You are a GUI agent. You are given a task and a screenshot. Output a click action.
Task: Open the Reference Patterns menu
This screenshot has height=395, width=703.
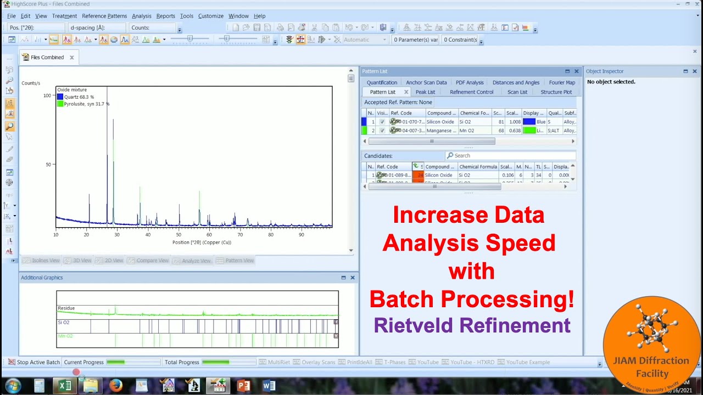(104, 16)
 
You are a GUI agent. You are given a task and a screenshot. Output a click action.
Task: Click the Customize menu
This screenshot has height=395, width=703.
(211, 16)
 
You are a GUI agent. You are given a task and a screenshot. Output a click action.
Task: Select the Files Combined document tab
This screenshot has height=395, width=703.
(47, 57)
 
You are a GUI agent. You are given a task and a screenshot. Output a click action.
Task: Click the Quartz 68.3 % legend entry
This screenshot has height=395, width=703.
(79, 97)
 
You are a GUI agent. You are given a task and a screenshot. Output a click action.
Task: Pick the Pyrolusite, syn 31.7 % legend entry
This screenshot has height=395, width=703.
(86, 104)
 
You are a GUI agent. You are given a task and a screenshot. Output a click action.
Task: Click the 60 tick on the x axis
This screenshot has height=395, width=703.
(209, 235)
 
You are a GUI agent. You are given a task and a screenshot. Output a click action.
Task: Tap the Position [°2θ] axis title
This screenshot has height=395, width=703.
(202, 242)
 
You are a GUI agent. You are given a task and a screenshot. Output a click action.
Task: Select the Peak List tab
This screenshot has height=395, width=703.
(425, 92)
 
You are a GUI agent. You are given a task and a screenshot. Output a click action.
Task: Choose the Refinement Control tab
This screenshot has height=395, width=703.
(471, 92)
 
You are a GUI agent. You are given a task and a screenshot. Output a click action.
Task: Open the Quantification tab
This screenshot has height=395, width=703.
(382, 83)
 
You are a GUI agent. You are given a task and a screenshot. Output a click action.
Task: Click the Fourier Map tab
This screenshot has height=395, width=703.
(562, 83)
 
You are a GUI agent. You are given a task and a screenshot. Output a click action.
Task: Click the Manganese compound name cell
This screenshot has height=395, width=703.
(441, 131)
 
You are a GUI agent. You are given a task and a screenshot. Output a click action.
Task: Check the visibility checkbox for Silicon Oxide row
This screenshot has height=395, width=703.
(382, 122)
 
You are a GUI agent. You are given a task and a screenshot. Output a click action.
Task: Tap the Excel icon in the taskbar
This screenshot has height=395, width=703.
(65, 386)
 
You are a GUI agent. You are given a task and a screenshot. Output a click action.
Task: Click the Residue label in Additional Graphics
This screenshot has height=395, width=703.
(66, 308)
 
